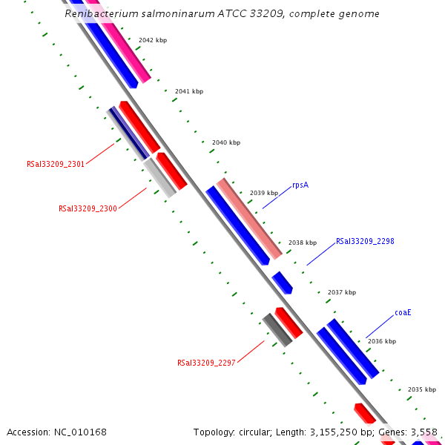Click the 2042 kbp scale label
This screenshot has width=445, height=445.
pyautogui.click(x=153, y=40)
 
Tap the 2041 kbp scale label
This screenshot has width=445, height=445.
pyautogui.click(x=188, y=91)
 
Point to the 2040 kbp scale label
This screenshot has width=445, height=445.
pyautogui.click(x=226, y=142)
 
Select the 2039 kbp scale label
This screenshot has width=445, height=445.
pyautogui.click(x=264, y=192)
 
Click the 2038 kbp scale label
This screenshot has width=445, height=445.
pyautogui.click(x=303, y=243)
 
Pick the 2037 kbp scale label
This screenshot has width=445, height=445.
pyautogui.click(x=342, y=292)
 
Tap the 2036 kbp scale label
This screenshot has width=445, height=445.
pyautogui.click(x=382, y=341)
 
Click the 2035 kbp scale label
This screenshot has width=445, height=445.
pyautogui.click(x=422, y=389)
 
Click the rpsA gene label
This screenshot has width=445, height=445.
pyautogui.click(x=300, y=185)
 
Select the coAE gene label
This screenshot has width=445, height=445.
pyautogui.click(x=403, y=312)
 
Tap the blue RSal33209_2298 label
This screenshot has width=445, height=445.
pyautogui.click(x=365, y=241)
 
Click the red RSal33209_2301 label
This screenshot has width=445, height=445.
pyautogui.click(x=56, y=165)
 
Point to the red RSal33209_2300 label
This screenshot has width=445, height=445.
pyautogui.click(x=88, y=209)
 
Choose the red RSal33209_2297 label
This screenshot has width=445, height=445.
pyautogui.click(x=206, y=363)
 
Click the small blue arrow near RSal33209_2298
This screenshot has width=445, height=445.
pyautogui.click(x=282, y=282)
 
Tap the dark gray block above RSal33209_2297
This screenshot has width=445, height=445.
pyautogui.click(x=277, y=329)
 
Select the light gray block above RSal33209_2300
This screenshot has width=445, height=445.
pyautogui.click(x=159, y=177)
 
